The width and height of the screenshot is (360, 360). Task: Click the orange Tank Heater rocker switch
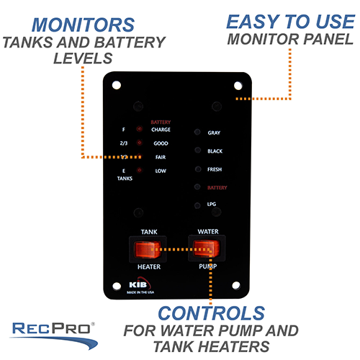pos(147,250)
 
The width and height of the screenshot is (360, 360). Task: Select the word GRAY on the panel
pos(214,133)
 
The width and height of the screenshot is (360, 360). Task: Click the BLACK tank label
pos(215,151)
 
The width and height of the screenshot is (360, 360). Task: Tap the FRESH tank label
pos(215,169)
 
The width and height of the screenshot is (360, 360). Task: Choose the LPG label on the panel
pos(212,205)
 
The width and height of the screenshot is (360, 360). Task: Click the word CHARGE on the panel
pos(161,130)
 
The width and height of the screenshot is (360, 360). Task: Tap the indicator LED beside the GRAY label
pos(197,133)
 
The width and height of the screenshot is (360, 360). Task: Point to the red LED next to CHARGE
pos(139,130)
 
